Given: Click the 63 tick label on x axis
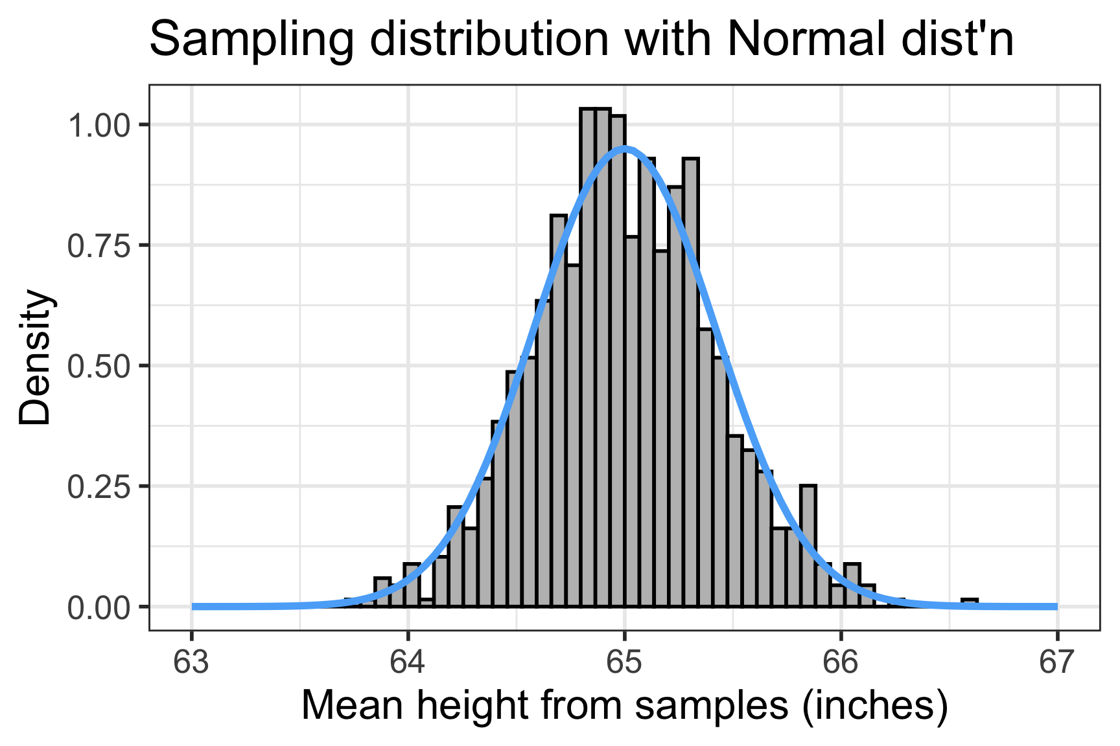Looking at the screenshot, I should [x=192, y=662].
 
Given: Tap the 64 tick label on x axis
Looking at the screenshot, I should [x=408, y=662].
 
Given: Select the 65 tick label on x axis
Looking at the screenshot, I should [x=625, y=662].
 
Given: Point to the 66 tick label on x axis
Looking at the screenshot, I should [x=841, y=662].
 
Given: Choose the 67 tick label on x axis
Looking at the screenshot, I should [x=1057, y=662].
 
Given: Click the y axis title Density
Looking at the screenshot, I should [x=35, y=357].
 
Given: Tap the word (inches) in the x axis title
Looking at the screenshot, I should [x=874, y=706].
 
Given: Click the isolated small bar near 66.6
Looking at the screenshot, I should [x=970, y=603].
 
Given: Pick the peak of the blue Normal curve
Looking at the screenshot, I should [x=625, y=149].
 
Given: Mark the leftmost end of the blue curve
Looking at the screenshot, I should [x=194, y=607].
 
